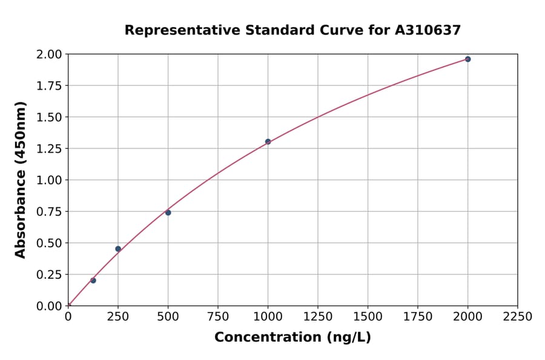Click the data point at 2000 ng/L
(x=467, y=59)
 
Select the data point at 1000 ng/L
(x=268, y=142)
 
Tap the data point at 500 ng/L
(x=168, y=212)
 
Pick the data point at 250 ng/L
(x=118, y=248)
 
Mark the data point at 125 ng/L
(x=93, y=280)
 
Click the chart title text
(x=292, y=30)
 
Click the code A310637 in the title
(x=428, y=30)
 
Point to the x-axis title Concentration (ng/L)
(x=292, y=337)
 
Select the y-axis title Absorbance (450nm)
(x=21, y=180)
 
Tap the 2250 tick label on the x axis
(x=517, y=317)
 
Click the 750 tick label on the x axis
(x=218, y=317)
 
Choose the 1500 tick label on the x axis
(x=368, y=317)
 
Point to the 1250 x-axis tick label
(x=317, y=317)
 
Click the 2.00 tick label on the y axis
(x=50, y=55)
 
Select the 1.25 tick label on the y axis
(x=50, y=148)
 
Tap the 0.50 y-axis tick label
(x=50, y=243)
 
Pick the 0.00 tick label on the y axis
(x=50, y=306)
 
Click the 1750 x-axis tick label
(x=417, y=317)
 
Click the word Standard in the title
(x=267, y=30)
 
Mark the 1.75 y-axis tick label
(x=50, y=86)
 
